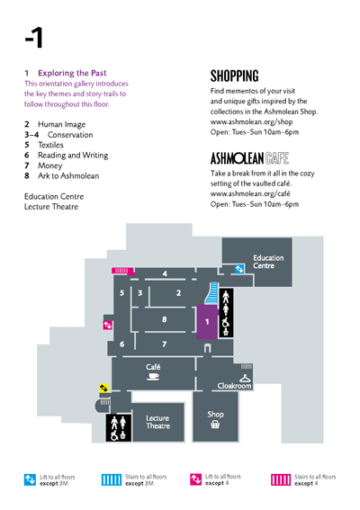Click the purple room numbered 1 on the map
207,322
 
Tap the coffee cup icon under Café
153,377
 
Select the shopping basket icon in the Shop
215,425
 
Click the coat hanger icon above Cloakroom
245,378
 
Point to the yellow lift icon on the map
103,388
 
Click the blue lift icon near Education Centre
239,269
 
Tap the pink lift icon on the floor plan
107,325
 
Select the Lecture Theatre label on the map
157,422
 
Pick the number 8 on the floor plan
165,319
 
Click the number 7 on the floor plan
165,344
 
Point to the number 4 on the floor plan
165,273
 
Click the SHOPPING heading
234,76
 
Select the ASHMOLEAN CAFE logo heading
249,158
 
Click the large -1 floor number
34,38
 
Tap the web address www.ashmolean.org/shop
251,122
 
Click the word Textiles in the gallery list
50,145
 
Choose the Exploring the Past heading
72,73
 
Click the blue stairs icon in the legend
112,479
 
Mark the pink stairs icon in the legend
281,479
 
